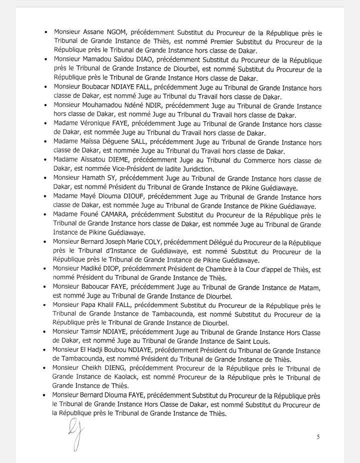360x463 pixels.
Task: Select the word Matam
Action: tap(308, 287)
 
